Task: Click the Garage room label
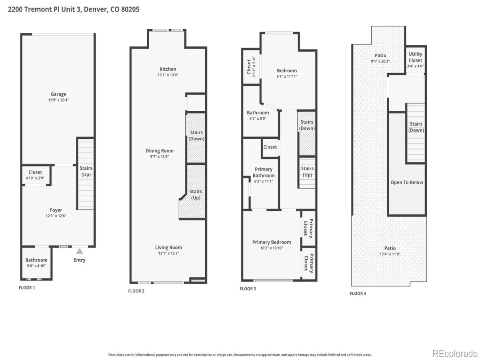(x=58, y=94)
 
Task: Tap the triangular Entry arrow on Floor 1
(x=79, y=251)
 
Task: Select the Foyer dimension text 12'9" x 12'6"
(x=56, y=216)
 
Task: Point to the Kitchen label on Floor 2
(x=168, y=69)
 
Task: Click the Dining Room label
(x=160, y=151)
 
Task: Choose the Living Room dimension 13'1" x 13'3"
(x=169, y=253)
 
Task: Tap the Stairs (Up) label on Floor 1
(x=86, y=171)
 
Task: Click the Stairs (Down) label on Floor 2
(x=196, y=136)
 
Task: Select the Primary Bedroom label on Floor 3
(x=272, y=242)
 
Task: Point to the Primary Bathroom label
(x=264, y=172)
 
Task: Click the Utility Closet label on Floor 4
(x=415, y=57)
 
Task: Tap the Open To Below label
(x=407, y=182)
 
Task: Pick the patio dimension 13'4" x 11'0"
(x=390, y=254)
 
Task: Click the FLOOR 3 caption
(x=248, y=289)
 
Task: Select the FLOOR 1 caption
(x=27, y=288)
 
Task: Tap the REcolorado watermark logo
(x=455, y=354)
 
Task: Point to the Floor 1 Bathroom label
(x=36, y=260)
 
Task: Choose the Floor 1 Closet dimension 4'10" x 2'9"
(x=35, y=178)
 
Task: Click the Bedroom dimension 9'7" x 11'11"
(x=287, y=76)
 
